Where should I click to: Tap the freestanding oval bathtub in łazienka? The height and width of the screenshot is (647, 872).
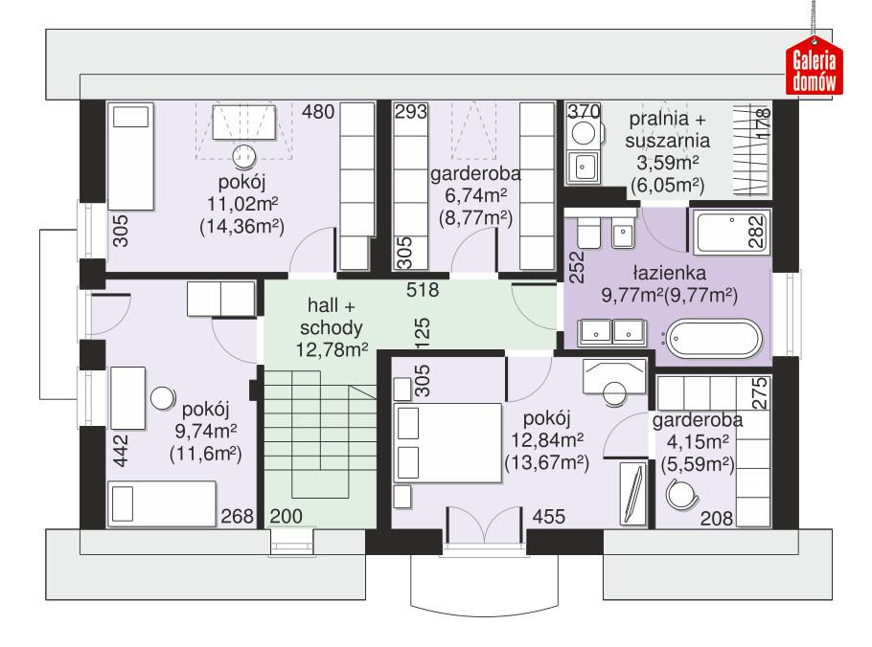714,338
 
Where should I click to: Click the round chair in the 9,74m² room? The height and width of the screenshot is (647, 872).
162,397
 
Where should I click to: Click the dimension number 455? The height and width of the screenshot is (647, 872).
548,517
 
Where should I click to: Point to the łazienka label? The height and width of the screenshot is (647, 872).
668,271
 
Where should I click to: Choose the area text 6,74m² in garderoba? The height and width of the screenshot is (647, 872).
474,196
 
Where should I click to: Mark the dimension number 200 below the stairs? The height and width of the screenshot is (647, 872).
286,517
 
